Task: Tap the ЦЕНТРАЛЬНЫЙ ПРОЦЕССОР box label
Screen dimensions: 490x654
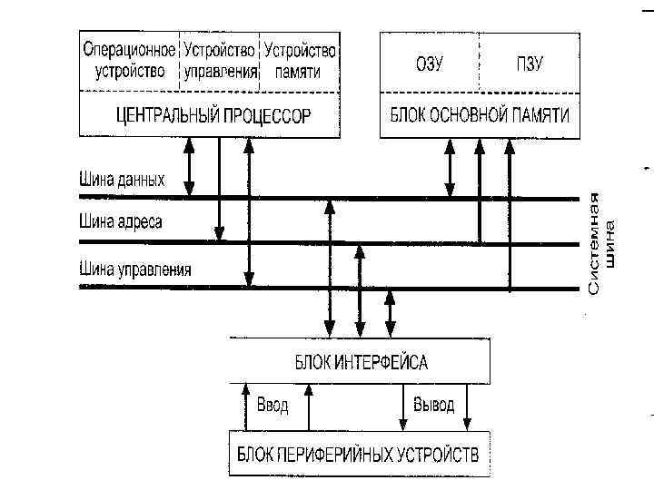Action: (213, 115)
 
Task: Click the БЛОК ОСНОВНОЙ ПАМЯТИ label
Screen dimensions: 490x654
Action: (480, 115)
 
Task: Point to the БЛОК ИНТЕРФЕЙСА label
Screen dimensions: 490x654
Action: (361, 363)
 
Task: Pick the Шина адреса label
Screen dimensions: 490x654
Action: (121, 222)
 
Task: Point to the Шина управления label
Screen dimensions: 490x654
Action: (135, 269)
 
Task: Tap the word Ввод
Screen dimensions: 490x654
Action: (272, 405)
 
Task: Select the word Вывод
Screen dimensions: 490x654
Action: (434, 405)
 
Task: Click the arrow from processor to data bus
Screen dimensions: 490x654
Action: (189, 167)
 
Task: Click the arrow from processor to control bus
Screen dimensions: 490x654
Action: (249, 212)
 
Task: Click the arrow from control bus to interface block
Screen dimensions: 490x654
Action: (391, 313)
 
